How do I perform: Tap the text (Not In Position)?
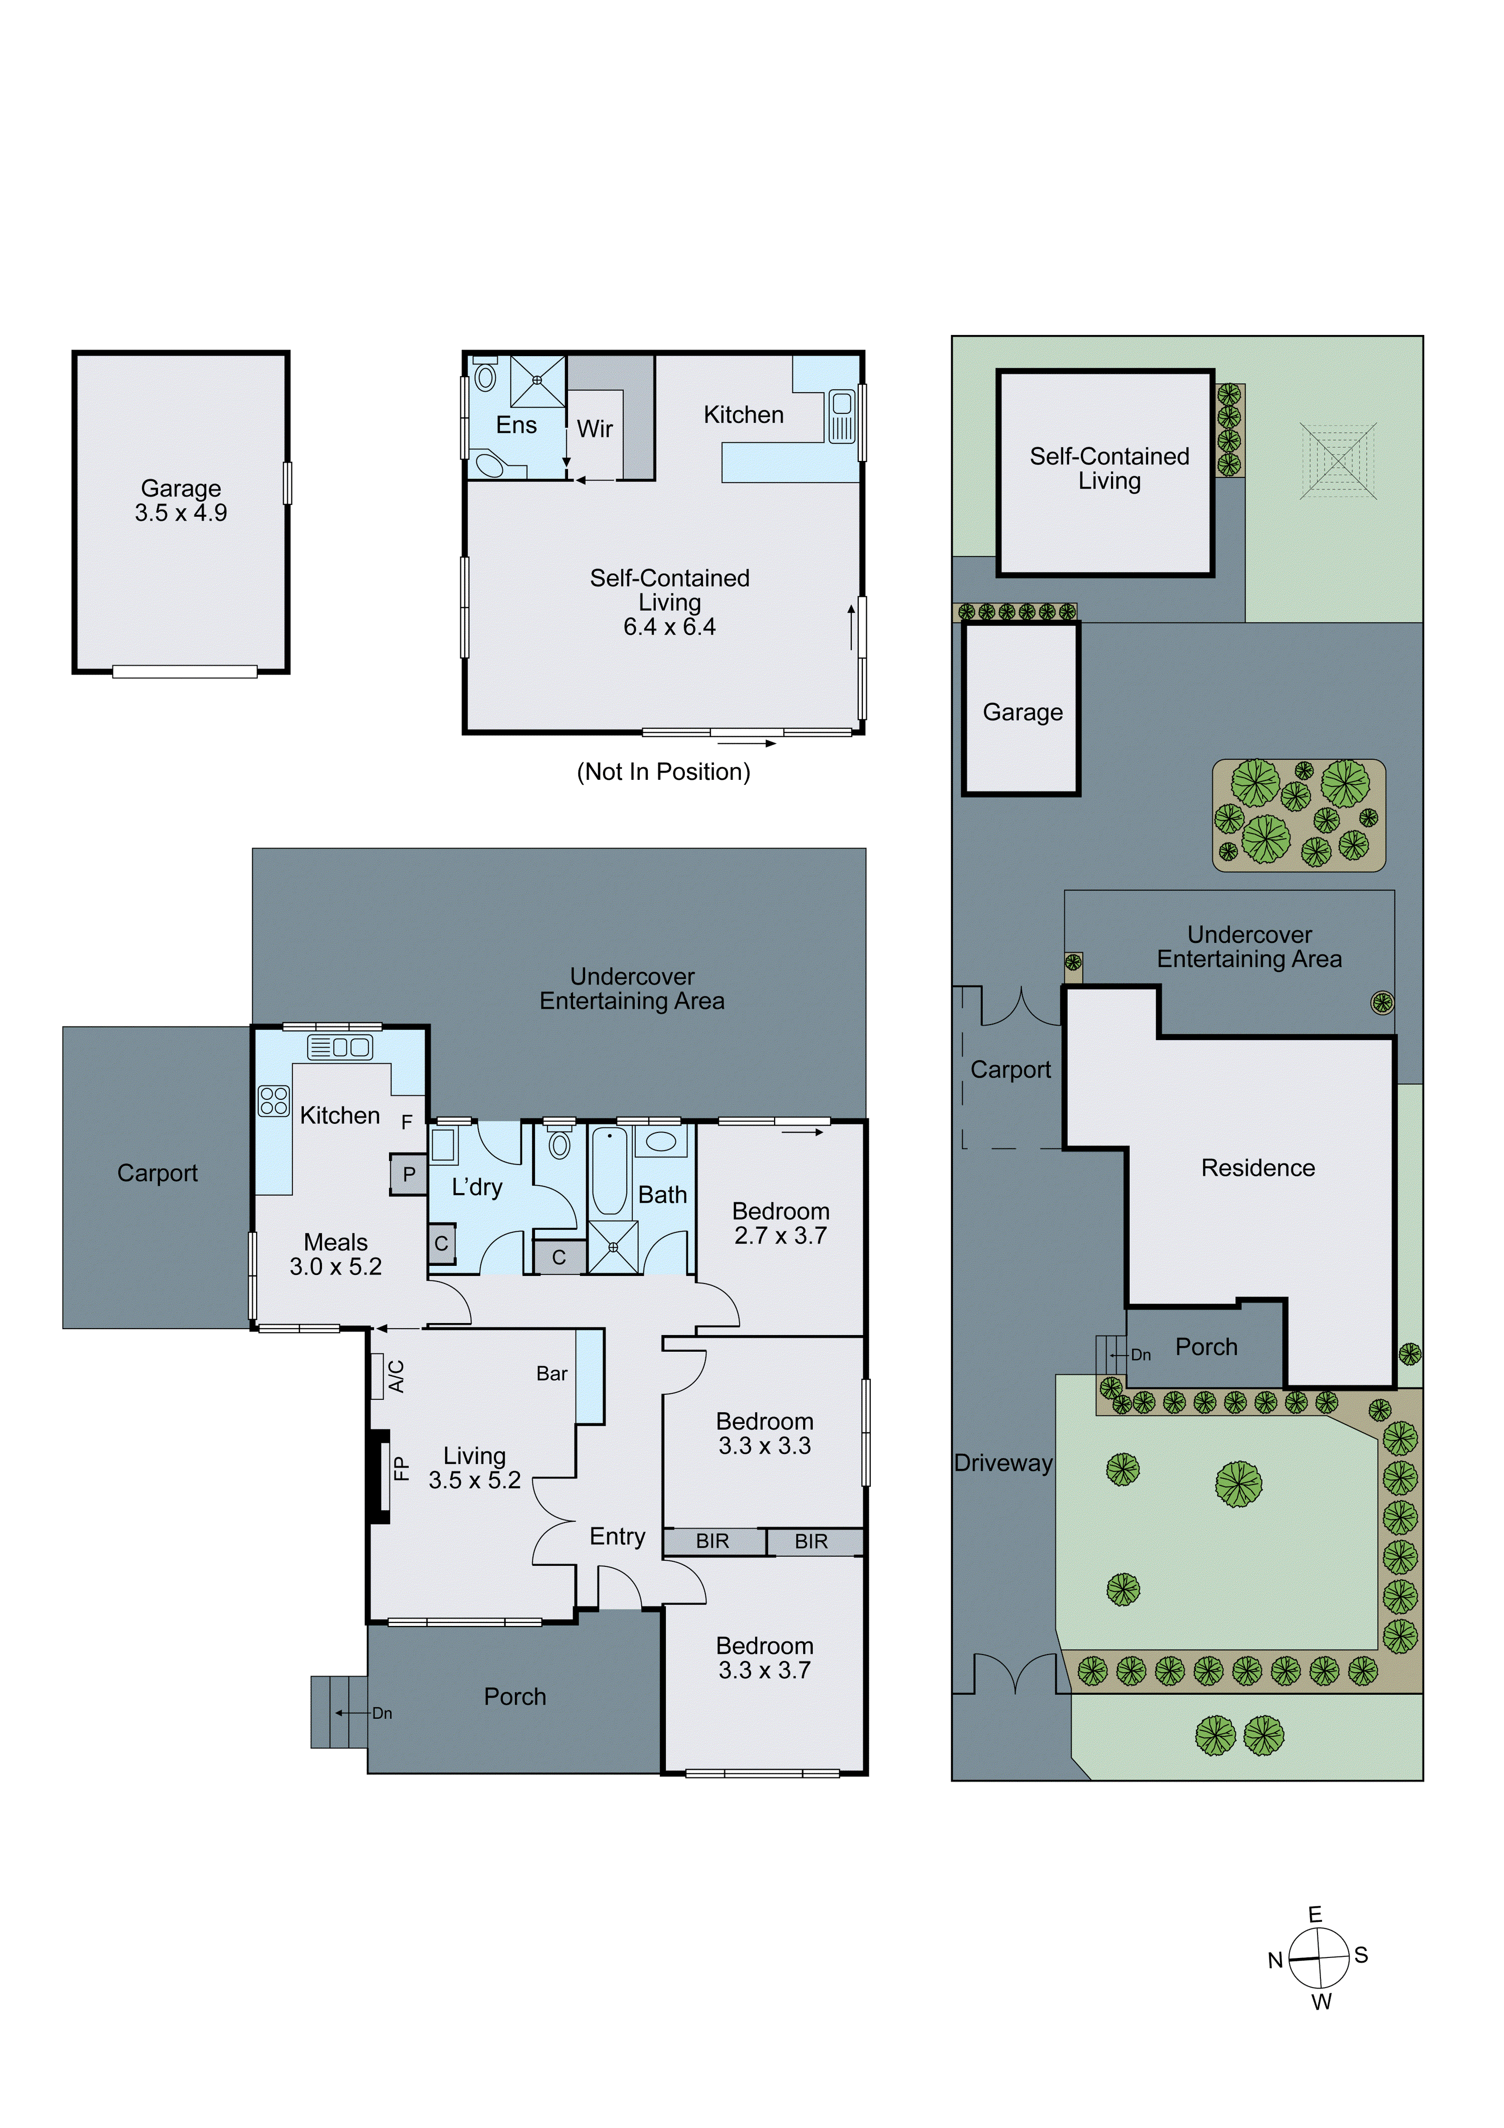pyautogui.click(x=663, y=772)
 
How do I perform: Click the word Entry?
pyautogui.click(x=617, y=1537)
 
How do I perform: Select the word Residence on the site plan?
pyautogui.click(x=1257, y=1168)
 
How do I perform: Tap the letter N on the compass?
pyautogui.click(x=1275, y=1960)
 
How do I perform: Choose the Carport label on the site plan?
pyautogui.click(x=1010, y=1070)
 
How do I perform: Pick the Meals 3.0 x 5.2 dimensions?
pyautogui.click(x=335, y=1267)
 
